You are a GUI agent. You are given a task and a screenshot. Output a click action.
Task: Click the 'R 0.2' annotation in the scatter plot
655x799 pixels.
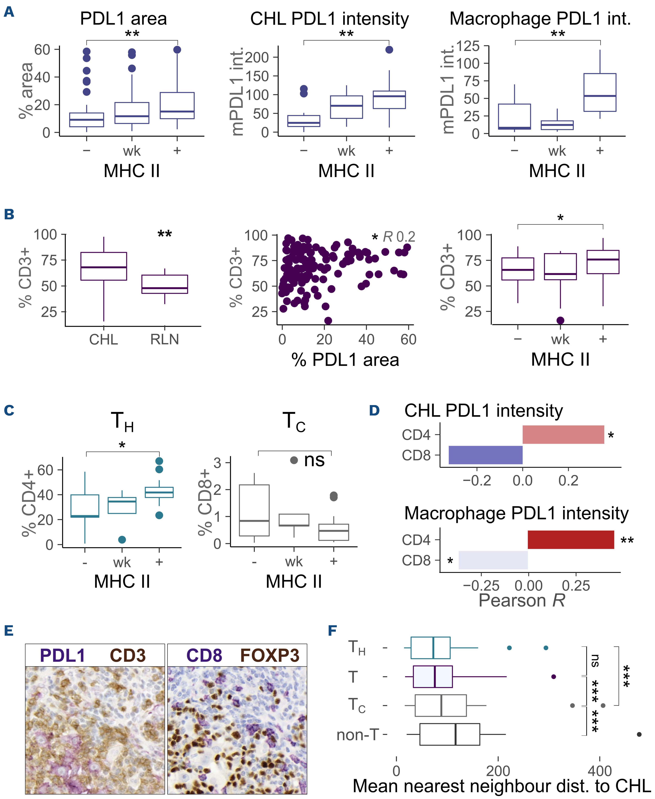tap(399, 237)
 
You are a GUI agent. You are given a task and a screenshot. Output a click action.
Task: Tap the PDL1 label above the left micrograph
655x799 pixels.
tap(63, 656)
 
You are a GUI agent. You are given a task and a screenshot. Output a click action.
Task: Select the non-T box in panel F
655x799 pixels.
tap(450, 735)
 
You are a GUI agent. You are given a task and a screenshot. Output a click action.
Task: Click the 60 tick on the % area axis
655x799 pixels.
tap(42, 49)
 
